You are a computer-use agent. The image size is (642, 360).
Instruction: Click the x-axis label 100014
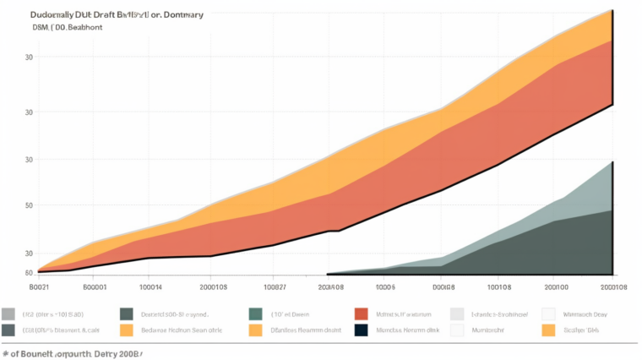point(150,287)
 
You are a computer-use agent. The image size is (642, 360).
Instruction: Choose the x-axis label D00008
point(443,287)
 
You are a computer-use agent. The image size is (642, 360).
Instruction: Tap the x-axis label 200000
point(554,287)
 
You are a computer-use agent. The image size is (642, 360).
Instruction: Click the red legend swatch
point(362,314)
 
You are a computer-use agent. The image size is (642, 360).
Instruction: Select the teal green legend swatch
point(256,314)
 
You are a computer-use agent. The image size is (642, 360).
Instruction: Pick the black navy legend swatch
point(362,330)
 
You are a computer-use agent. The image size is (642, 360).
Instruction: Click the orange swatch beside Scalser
point(548,330)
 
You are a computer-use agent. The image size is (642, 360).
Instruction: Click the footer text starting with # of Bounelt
point(73,352)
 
